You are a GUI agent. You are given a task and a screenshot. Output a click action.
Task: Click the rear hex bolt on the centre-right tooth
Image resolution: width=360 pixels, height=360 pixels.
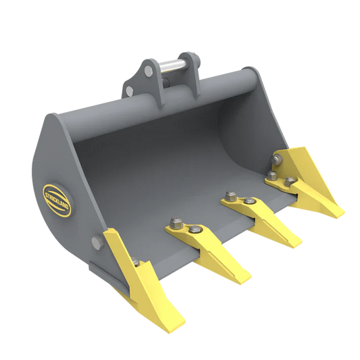click(x=229, y=197)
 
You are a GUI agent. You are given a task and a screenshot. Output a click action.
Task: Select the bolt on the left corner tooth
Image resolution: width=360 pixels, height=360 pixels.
click(x=135, y=263)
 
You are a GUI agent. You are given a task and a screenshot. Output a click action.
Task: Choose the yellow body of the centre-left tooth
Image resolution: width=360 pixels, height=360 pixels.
click(x=216, y=253)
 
